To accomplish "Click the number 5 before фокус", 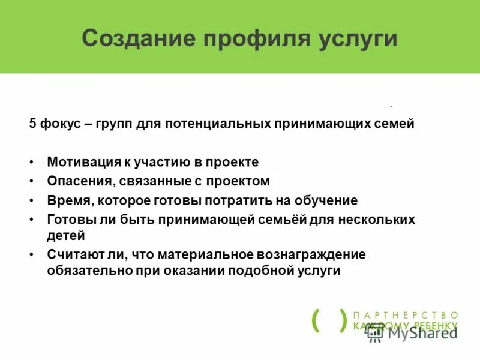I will point(32,124).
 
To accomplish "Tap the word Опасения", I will point(76,181).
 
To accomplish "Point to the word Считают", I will point(73,254).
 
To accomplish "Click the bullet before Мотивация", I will point(31,163).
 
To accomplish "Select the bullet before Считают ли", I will point(31,255).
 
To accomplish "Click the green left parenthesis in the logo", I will point(316,320).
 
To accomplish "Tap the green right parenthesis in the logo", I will point(343,320).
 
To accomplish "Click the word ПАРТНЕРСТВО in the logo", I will point(406,315).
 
